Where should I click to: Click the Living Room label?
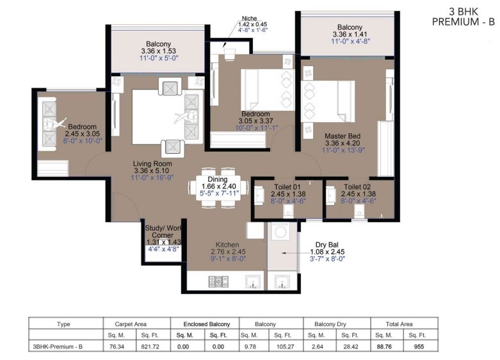(x=152, y=164)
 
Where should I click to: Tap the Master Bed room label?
(x=343, y=136)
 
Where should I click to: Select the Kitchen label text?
(x=227, y=245)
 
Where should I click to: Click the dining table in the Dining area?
(x=218, y=188)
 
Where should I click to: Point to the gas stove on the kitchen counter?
(x=218, y=281)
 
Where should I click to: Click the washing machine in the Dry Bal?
(x=280, y=231)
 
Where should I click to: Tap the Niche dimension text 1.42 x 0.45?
(x=252, y=24)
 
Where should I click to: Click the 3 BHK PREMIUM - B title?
(x=464, y=17)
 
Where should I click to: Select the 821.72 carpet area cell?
(x=150, y=347)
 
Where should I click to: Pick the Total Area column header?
(x=399, y=324)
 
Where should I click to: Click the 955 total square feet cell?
(x=419, y=347)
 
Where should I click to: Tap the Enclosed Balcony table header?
(x=207, y=324)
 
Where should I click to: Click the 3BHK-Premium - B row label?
(x=58, y=347)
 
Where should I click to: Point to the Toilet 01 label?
(x=287, y=186)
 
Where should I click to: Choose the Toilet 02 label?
(x=357, y=186)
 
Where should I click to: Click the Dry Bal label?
(x=327, y=245)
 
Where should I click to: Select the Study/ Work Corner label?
(x=163, y=232)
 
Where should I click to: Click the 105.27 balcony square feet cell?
(x=285, y=347)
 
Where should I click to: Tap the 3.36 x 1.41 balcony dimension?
(x=350, y=34)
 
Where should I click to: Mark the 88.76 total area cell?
(x=384, y=347)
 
